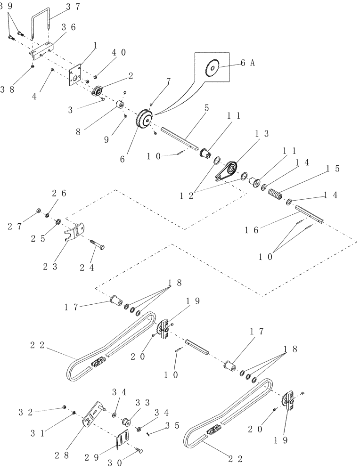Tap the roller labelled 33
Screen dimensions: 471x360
[x=126, y=421]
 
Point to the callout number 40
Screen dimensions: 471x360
[x=118, y=52]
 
